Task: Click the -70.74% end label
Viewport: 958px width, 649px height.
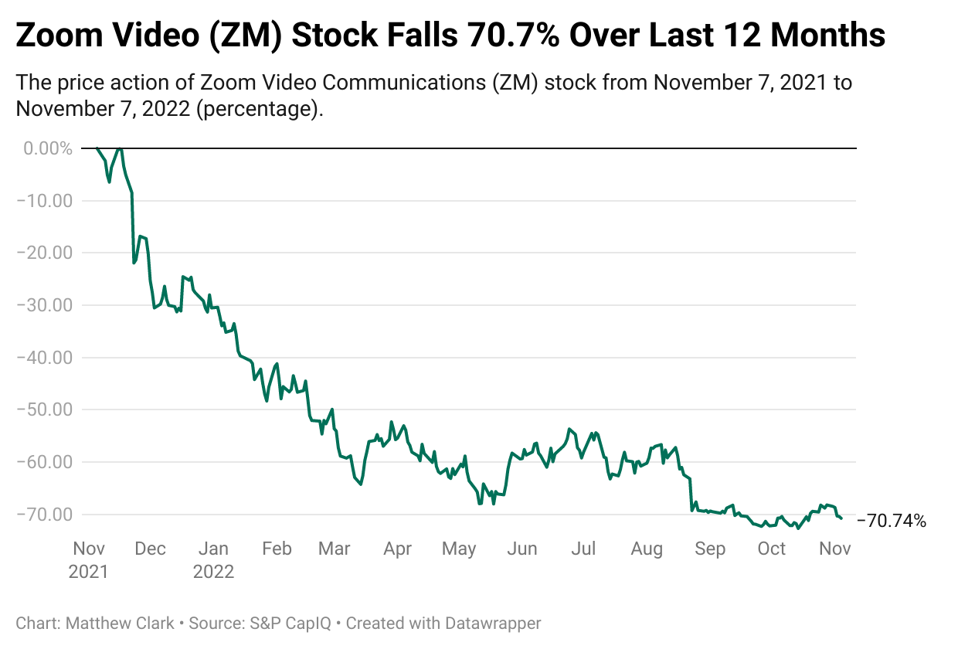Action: point(892,521)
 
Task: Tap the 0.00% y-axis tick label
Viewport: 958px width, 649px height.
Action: point(48,148)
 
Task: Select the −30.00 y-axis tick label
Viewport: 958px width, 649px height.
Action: point(43,305)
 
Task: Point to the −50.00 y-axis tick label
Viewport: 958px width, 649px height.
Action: point(43,409)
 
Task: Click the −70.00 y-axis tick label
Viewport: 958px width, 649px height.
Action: point(43,514)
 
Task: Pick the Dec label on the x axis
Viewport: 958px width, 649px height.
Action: point(150,549)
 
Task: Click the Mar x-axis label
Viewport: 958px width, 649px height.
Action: point(334,549)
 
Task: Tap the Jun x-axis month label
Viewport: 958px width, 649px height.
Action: point(522,549)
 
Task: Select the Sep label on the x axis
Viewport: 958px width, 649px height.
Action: point(710,549)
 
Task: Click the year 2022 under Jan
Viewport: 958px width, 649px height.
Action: point(213,573)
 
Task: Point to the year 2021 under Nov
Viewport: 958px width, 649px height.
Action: point(89,573)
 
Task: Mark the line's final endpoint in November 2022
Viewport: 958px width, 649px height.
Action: point(841,518)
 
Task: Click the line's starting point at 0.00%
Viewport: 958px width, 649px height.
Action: point(96,148)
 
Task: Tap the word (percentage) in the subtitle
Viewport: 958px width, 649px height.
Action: point(257,109)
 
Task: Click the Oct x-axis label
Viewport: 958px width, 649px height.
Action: point(771,549)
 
